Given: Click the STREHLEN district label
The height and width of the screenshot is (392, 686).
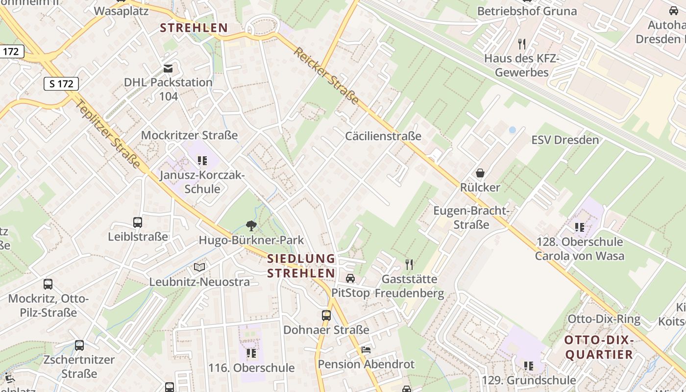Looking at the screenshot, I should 194,28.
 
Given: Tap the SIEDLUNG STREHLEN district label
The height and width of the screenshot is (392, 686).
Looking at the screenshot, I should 301,266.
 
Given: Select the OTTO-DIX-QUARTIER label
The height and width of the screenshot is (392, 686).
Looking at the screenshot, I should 599,347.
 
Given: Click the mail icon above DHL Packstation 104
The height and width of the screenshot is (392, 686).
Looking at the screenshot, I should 168,68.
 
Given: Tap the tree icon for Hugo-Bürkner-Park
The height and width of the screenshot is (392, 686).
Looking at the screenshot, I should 251,226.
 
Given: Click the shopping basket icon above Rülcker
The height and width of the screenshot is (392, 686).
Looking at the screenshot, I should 480,173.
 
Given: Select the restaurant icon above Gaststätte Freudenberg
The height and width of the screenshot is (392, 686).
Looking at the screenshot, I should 409,265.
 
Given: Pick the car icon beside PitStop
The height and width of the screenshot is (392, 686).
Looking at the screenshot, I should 350,278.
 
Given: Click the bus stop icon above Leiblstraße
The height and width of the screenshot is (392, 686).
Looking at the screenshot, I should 138,222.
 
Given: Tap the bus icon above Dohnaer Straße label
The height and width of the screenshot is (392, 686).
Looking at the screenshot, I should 326,316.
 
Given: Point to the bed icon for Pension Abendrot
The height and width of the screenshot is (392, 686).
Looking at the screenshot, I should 366,350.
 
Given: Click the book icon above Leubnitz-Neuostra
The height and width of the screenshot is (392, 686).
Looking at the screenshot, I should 199,267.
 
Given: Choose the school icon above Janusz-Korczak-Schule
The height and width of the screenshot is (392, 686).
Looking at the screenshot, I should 202,160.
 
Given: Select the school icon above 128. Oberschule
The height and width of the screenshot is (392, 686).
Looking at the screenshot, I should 580,227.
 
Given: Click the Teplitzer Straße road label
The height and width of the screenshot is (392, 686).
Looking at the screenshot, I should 109,132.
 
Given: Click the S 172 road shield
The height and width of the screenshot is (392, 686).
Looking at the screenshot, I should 61,84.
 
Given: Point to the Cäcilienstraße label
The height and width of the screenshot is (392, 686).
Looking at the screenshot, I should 383,136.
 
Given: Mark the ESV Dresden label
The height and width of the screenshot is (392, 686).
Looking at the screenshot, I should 565,140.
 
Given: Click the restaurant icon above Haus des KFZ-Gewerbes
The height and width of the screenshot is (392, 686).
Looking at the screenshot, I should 522,44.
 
